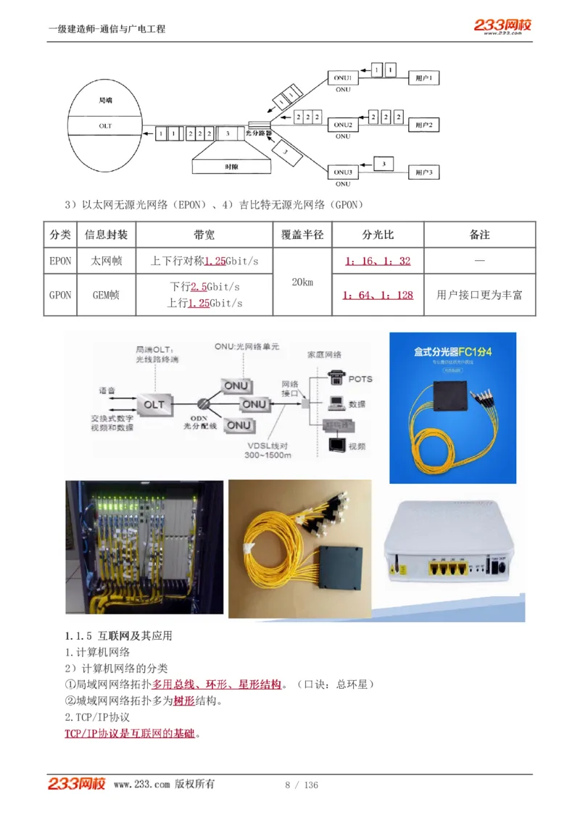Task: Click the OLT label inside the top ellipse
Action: (106, 125)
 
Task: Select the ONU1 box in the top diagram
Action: (343, 78)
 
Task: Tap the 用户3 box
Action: (423, 173)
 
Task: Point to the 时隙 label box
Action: (231, 167)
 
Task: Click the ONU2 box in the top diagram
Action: (343, 125)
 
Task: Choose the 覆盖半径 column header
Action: (302, 235)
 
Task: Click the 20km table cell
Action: (302, 282)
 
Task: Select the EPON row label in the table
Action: (60, 261)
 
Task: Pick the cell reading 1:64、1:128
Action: (378, 295)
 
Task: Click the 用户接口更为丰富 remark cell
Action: (479, 295)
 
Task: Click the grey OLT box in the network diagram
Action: (154, 404)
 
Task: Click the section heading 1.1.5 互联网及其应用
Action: (118, 635)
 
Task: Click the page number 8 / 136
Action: (302, 785)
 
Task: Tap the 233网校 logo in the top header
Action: (502, 25)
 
